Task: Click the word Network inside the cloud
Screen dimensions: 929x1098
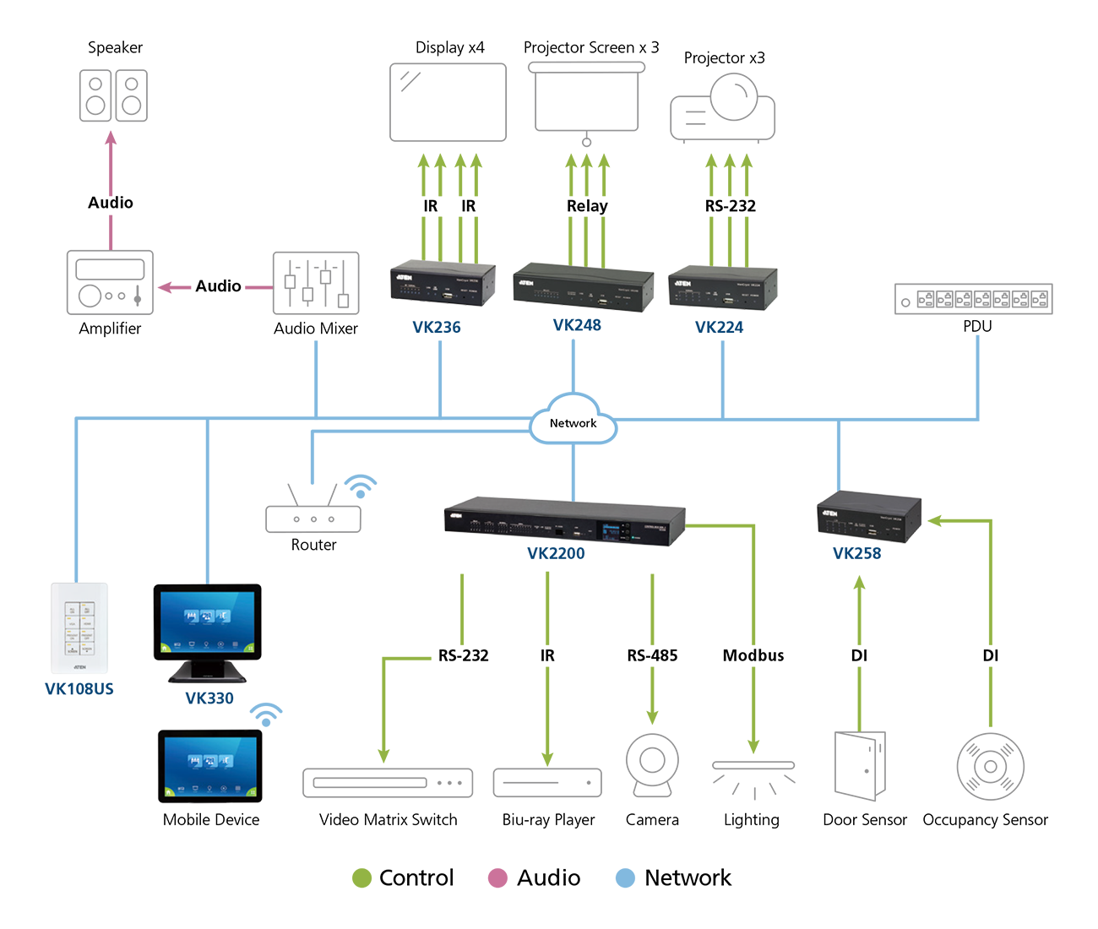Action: click(x=573, y=423)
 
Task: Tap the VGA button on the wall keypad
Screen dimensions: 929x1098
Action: click(x=72, y=623)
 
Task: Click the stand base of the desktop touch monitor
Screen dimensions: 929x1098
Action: click(x=207, y=676)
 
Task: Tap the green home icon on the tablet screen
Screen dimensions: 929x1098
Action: click(x=166, y=792)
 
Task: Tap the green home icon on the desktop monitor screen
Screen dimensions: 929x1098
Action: click(x=164, y=648)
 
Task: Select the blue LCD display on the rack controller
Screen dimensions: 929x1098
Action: click(x=611, y=532)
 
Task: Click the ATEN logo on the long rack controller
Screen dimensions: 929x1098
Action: click(x=456, y=515)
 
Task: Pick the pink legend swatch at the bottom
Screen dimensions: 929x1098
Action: click(x=492, y=867)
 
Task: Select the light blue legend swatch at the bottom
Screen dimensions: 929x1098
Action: click(x=619, y=867)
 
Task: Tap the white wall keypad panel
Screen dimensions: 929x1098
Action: click(x=79, y=628)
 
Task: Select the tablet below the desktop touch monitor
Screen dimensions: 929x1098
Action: click(x=210, y=766)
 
